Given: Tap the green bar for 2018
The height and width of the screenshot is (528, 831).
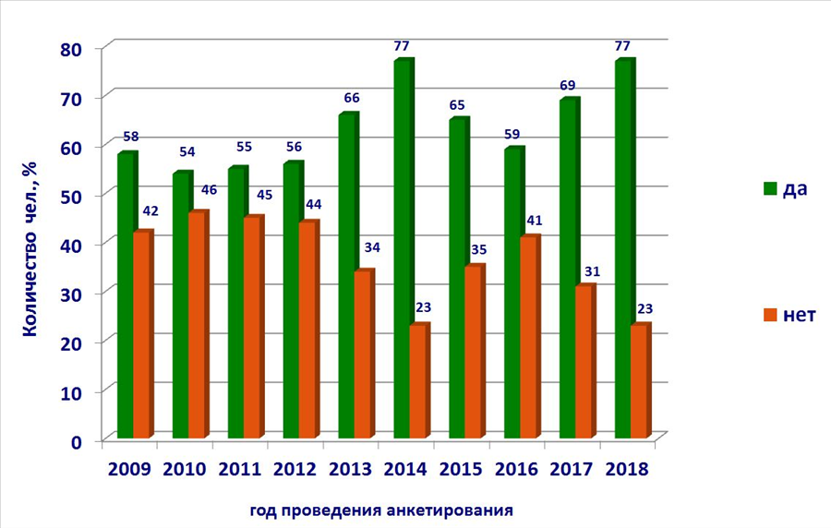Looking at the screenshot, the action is [x=625, y=249].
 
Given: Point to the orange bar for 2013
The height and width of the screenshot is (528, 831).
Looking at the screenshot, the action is [x=365, y=354].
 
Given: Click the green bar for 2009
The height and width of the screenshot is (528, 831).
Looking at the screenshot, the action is [x=127, y=295].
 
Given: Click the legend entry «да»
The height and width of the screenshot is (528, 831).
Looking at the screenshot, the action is [x=786, y=188].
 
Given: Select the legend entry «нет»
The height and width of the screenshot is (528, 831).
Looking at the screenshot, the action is [x=789, y=315].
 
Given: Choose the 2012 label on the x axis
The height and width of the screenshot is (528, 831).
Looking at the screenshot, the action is [x=295, y=469].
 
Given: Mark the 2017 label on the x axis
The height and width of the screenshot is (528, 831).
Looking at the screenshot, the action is [x=571, y=469].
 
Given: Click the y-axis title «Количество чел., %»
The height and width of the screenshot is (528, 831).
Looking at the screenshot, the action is [x=30, y=248].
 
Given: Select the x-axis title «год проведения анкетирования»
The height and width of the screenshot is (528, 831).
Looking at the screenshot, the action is [x=381, y=511].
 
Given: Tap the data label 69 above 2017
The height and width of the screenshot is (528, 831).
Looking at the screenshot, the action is [x=567, y=86].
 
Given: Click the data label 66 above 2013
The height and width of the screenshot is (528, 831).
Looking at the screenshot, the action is [x=352, y=98].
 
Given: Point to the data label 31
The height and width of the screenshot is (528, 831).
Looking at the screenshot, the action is [x=592, y=272].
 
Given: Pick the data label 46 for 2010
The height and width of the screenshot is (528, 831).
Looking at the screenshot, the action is [x=209, y=190].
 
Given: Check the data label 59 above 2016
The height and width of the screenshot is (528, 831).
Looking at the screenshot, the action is [x=512, y=135].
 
